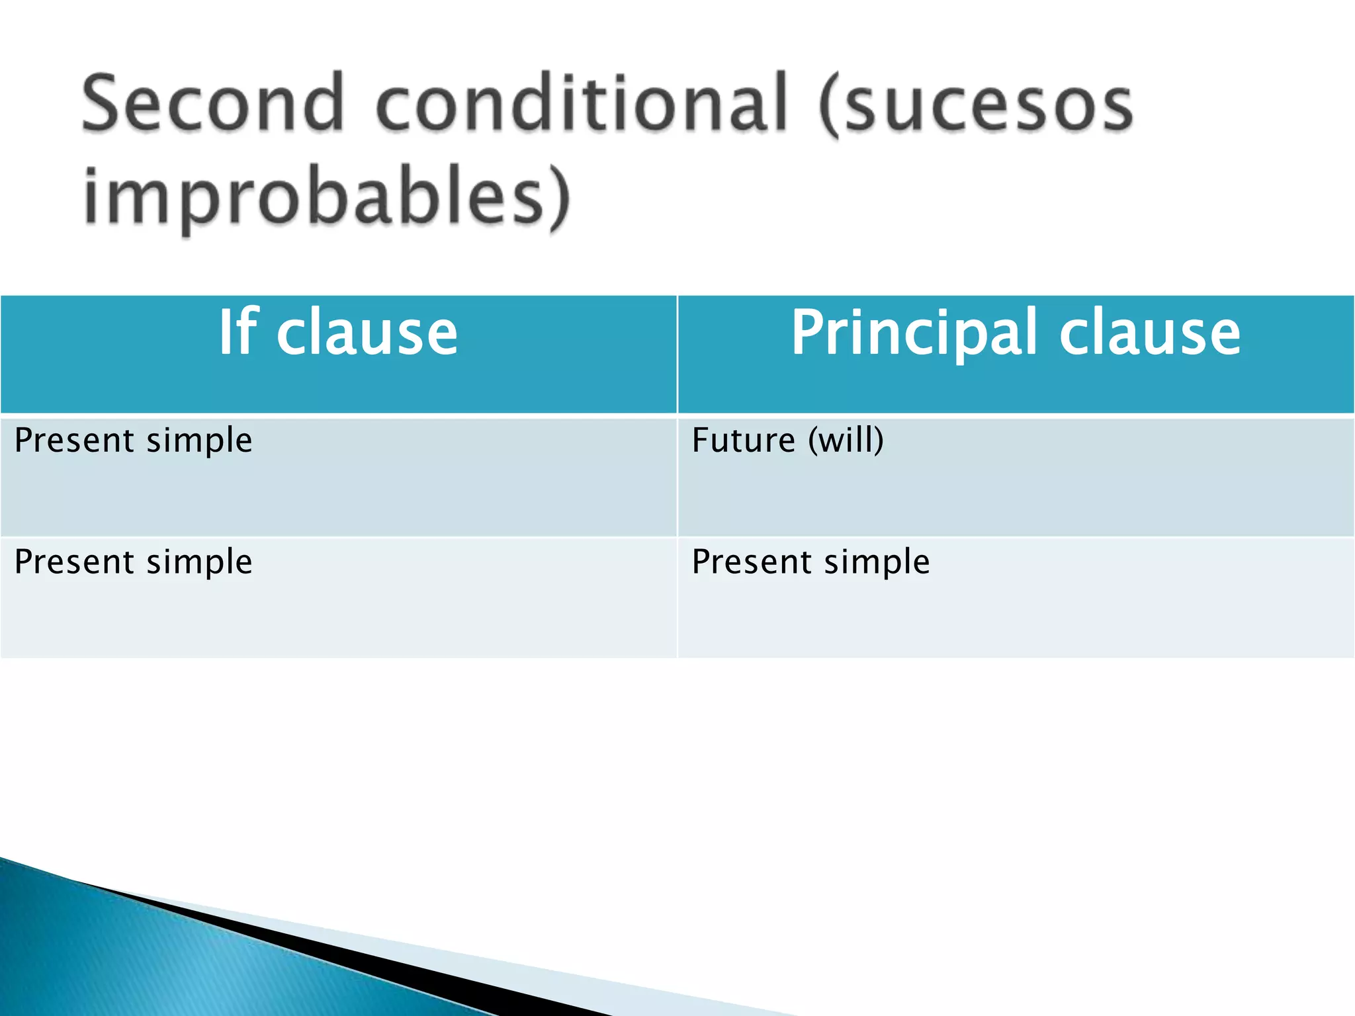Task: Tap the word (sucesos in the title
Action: [x=976, y=106]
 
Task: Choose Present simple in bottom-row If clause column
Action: [x=133, y=563]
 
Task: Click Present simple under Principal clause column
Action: [x=810, y=563]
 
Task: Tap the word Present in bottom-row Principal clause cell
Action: [x=751, y=563]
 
